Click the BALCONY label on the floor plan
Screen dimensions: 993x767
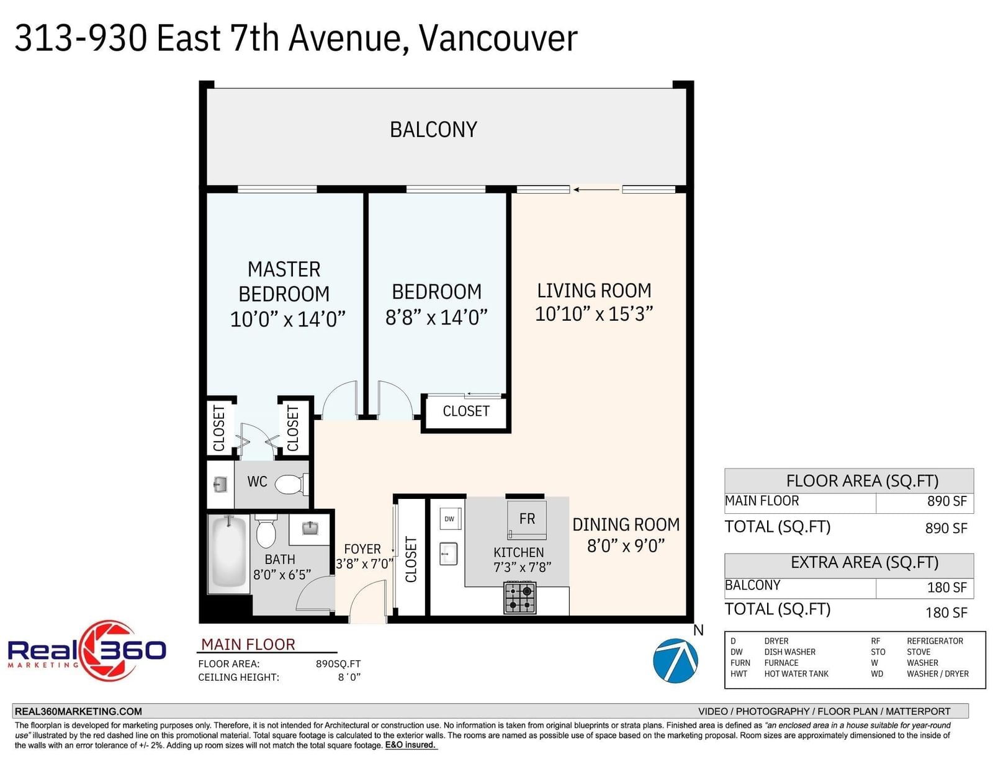tap(433, 130)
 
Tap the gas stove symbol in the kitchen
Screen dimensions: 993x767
tap(520, 597)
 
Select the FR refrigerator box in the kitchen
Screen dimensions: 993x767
tap(526, 519)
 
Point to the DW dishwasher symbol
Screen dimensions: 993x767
tap(450, 519)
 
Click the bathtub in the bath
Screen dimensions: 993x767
tap(229, 554)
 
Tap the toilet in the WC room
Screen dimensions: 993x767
tap(291, 484)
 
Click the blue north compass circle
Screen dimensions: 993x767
tap(675, 660)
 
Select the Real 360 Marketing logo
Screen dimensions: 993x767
tap(87, 650)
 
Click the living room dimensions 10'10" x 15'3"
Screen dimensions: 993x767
tap(593, 314)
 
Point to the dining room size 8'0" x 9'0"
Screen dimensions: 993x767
tap(626, 545)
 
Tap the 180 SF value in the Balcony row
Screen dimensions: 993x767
tap(947, 588)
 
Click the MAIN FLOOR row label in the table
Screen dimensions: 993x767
tap(762, 501)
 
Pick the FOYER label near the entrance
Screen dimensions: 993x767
tap(362, 549)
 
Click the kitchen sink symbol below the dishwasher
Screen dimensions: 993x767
tap(448, 554)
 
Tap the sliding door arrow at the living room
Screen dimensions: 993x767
tap(596, 189)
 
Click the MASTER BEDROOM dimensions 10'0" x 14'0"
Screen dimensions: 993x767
tap(287, 319)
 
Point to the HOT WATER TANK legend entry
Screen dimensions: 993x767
tap(796, 674)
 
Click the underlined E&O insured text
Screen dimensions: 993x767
tap(410, 745)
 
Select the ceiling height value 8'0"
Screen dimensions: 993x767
tap(349, 677)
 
